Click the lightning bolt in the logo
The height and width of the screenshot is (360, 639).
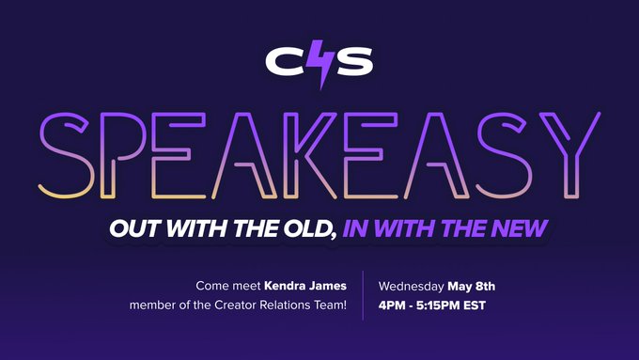[320, 66]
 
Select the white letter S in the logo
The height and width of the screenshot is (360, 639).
[354, 62]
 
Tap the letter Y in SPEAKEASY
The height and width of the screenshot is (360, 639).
[568, 152]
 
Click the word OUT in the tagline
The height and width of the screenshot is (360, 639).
[132, 227]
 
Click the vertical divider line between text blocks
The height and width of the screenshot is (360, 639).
[363, 295]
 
